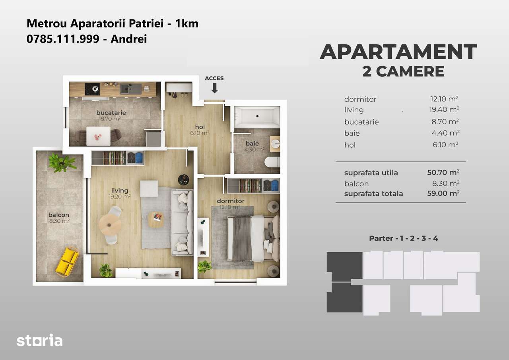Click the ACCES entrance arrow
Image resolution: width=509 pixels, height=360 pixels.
coord(214,87)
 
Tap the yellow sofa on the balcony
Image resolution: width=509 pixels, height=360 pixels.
coord(67,261)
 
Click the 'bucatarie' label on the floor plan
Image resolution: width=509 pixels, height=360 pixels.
coord(111,113)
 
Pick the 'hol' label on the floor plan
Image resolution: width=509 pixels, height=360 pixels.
coord(200,127)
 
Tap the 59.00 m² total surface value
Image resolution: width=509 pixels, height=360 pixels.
coord(441,194)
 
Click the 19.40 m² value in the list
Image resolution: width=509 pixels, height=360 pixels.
coord(441,109)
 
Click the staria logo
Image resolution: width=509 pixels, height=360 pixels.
coord(39,341)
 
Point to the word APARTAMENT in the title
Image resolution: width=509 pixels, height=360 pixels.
coord(398,52)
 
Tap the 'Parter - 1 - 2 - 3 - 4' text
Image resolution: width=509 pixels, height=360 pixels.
coord(404,238)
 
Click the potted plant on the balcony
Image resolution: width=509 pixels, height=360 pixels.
coord(62,162)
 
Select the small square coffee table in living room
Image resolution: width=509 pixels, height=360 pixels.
coord(155,219)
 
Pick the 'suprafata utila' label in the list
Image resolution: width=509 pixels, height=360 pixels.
coord(371,173)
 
